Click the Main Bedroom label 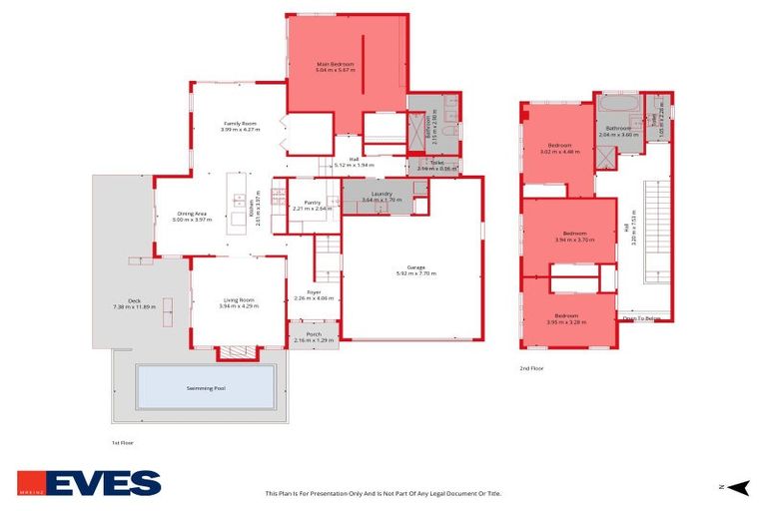(335, 67)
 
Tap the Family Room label (241, 125)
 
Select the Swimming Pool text (206, 387)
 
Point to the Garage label (415, 269)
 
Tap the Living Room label (239, 302)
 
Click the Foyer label (314, 294)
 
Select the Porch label (314, 336)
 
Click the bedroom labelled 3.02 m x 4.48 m (559, 149)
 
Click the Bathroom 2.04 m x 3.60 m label (616, 131)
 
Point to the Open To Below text (642, 318)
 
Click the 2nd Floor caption (531, 368)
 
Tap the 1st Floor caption (122, 441)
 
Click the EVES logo (89, 483)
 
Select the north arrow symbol (737, 486)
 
